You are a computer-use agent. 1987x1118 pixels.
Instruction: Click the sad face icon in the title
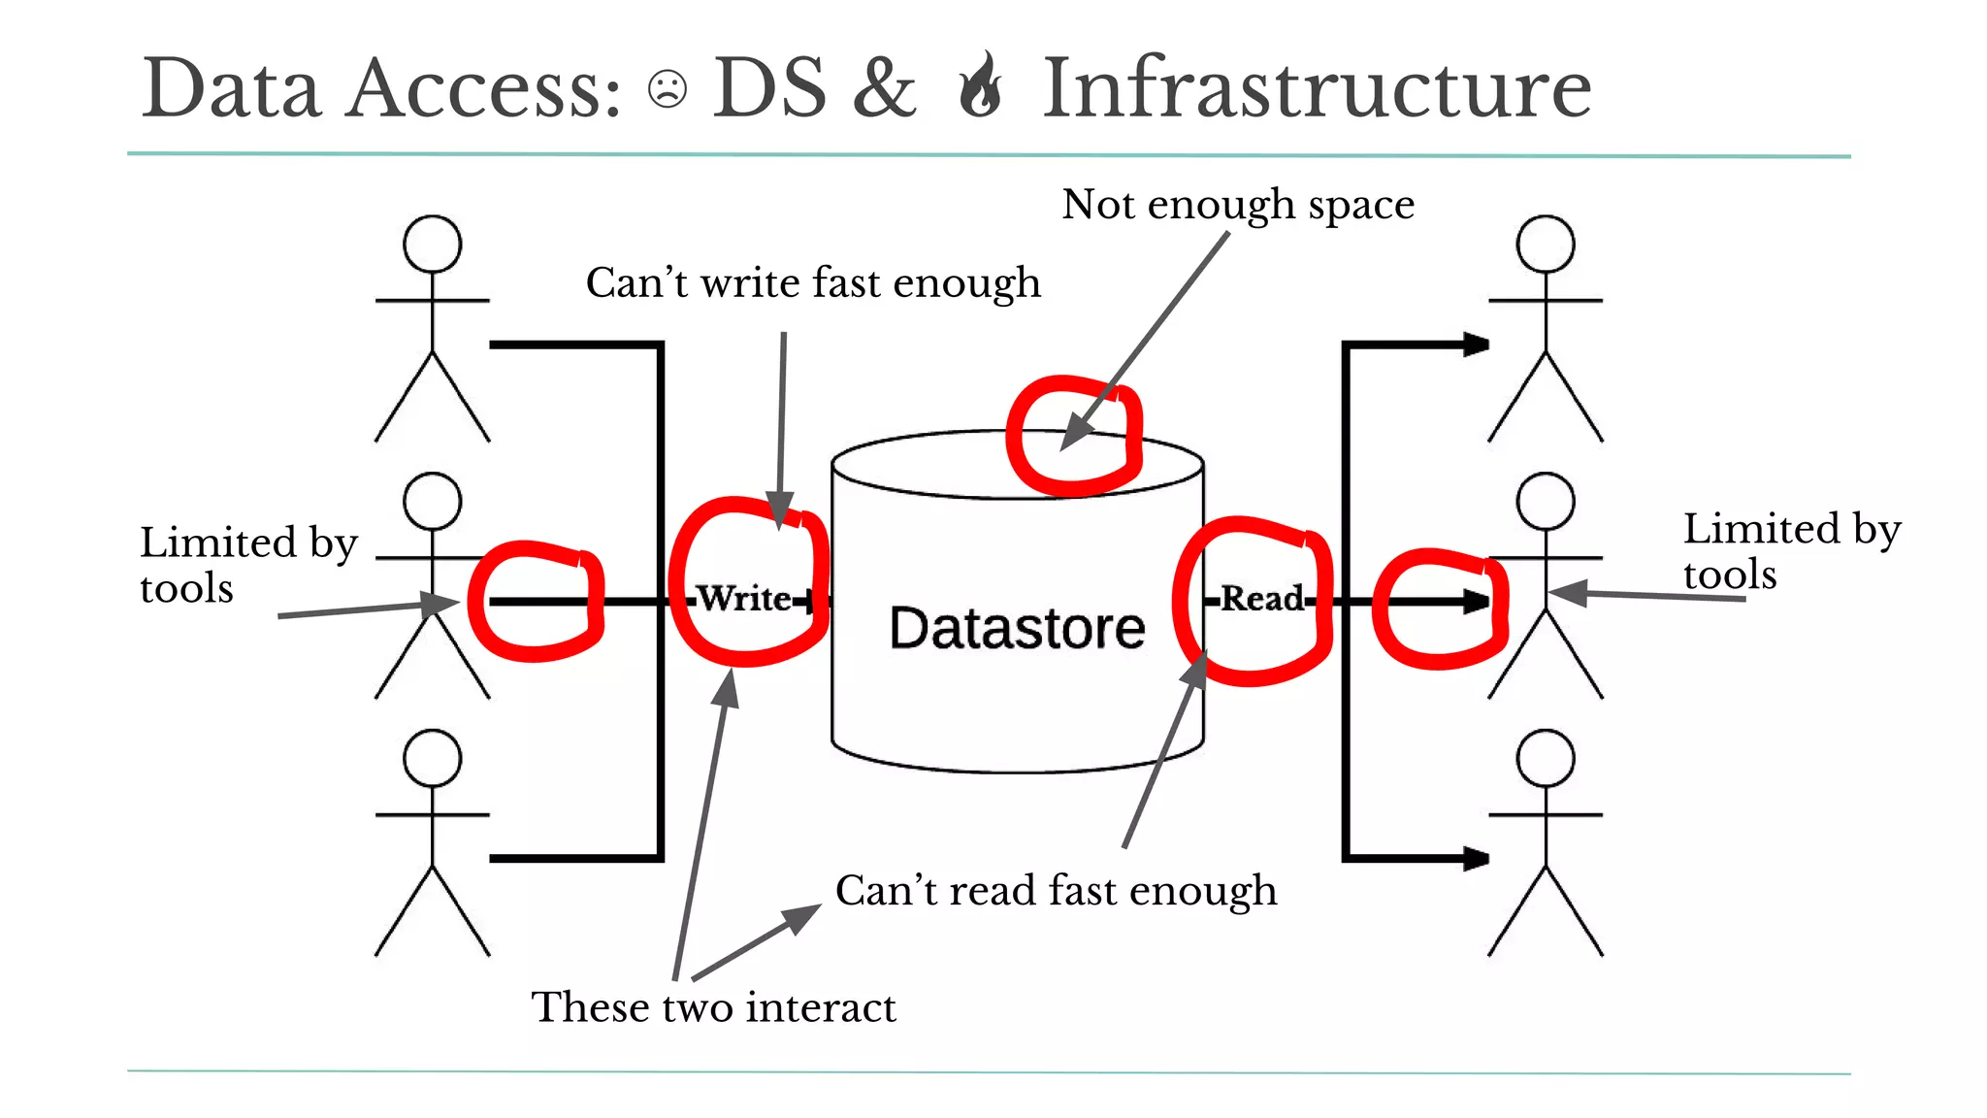tap(667, 89)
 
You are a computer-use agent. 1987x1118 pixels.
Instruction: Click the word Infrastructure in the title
tap(1317, 88)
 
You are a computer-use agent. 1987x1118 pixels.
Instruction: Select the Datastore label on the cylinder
tap(1017, 628)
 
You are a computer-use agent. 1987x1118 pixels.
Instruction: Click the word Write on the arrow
tap(744, 598)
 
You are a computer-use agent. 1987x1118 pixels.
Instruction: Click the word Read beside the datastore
tap(1261, 598)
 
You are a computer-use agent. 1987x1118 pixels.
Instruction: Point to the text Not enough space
tap(1237, 205)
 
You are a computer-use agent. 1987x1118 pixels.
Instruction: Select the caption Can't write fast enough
tap(813, 283)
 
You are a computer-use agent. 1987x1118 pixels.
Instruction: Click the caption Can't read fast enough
tap(1056, 891)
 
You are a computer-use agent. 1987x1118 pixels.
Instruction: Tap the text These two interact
tap(713, 1007)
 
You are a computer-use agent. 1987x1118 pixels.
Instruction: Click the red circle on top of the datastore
tap(1074, 436)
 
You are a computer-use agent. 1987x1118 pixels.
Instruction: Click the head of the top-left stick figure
tap(432, 244)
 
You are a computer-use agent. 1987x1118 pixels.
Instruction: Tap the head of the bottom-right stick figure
tap(1545, 758)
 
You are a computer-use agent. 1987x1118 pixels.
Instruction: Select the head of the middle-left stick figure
tap(432, 501)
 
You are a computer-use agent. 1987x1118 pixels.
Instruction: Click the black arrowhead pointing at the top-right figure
tap(1475, 345)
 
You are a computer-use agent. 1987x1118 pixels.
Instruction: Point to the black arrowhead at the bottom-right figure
tap(1475, 858)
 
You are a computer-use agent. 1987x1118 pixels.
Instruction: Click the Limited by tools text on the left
tap(247, 565)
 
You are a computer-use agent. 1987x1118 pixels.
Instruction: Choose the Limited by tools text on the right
tap(1790, 551)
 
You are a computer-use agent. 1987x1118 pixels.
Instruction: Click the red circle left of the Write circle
tap(536, 602)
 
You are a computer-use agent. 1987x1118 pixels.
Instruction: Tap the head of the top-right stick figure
tap(1545, 244)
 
